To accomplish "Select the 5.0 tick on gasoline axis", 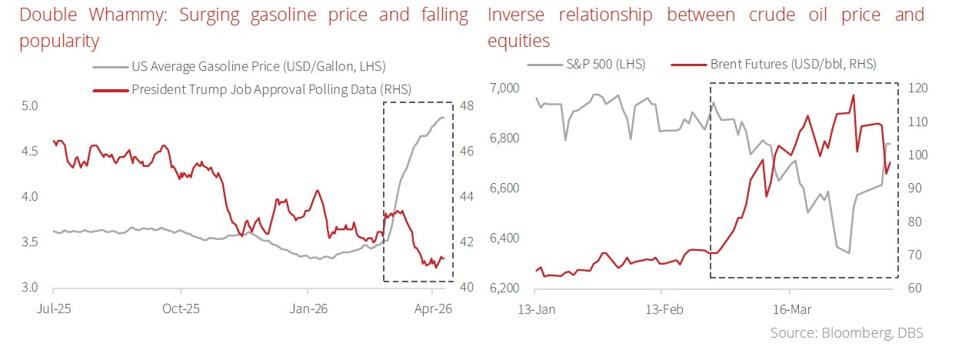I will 28,105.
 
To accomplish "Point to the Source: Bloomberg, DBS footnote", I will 847,332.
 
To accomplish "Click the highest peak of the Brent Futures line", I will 854,95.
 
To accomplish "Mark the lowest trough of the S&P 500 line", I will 849,252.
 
